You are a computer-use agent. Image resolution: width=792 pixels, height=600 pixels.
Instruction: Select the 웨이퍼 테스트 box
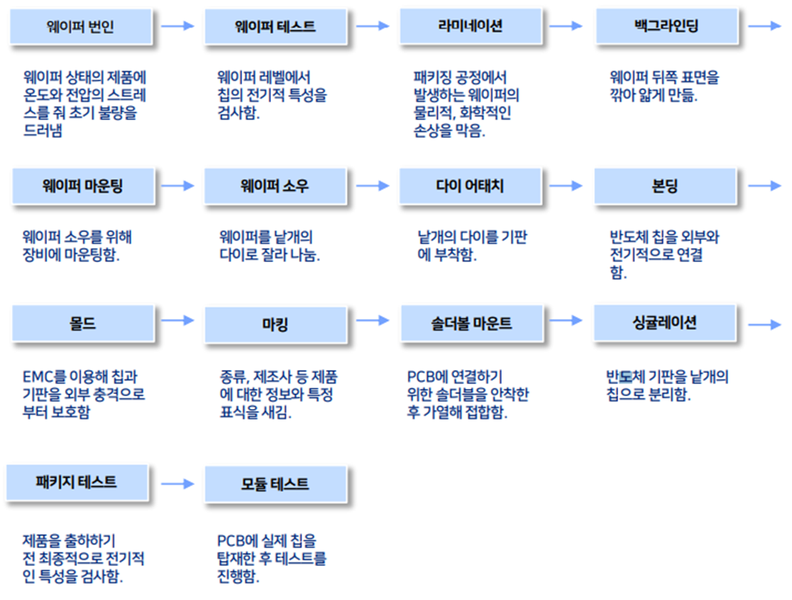click(275, 28)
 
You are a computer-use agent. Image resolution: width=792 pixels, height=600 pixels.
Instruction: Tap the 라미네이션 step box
click(471, 27)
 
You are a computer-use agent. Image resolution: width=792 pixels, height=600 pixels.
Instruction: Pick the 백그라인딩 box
click(666, 27)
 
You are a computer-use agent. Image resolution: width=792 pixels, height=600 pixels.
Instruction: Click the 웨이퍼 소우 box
click(275, 187)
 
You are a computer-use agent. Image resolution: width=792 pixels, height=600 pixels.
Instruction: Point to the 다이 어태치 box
click(471, 187)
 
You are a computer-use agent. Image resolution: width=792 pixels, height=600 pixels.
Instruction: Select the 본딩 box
click(666, 187)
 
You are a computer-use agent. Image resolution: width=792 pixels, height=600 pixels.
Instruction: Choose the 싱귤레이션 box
click(664, 323)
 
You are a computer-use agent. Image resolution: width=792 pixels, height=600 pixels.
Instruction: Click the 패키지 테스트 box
click(77, 482)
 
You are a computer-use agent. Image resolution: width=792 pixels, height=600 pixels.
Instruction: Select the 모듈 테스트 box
click(275, 484)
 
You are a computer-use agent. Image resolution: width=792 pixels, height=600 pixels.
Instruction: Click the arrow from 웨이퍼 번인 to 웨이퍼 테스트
click(177, 26)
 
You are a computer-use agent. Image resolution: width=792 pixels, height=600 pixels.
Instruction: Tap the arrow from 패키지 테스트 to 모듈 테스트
click(177, 484)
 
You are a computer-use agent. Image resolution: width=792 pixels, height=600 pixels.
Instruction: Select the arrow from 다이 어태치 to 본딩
click(566, 185)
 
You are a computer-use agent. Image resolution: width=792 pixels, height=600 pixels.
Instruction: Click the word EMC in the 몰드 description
click(37, 376)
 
